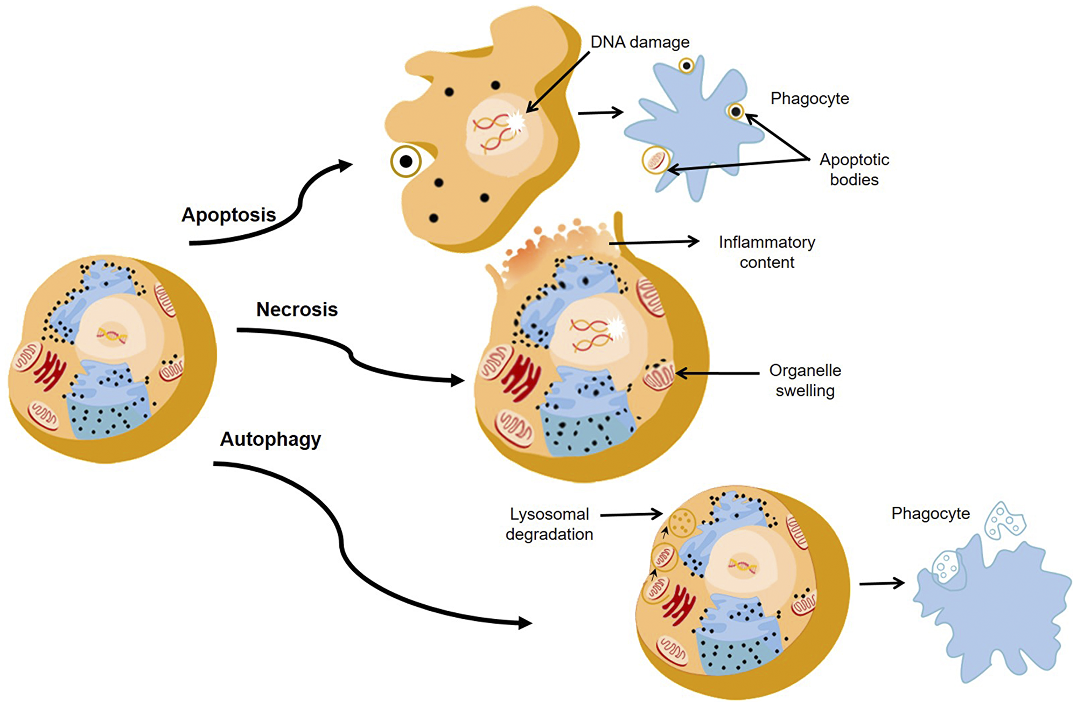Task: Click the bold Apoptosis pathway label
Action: pyautogui.click(x=228, y=215)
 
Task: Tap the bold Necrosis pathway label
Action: pyautogui.click(x=297, y=310)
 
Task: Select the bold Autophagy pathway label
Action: pyautogui.click(x=270, y=439)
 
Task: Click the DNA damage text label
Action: pyautogui.click(x=640, y=42)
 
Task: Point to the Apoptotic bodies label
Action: pyautogui.click(x=854, y=169)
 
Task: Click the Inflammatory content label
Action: pyautogui.click(x=767, y=252)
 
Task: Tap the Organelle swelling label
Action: pyautogui.click(x=805, y=380)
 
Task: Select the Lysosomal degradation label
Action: pyautogui.click(x=549, y=524)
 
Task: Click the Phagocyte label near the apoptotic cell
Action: pyautogui.click(x=809, y=99)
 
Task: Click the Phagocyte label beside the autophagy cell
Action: pyautogui.click(x=930, y=513)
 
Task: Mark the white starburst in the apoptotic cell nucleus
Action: pyautogui.click(x=515, y=122)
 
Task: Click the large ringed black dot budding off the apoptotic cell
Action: pyautogui.click(x=406, y=161)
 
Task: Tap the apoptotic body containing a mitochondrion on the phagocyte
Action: pyautogui.click(x=656, y=160)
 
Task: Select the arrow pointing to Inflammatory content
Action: pyautogui.click(x=654, y=242)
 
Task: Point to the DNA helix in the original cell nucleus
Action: pyautogui.click(x=112, y=335)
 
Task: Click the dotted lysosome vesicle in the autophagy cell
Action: pyautogui.click(x=682, y=522)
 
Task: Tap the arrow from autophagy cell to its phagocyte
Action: pyautogui.click(x=882, y=583)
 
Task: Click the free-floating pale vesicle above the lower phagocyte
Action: pyautogui.click(x=1004, y=520)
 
